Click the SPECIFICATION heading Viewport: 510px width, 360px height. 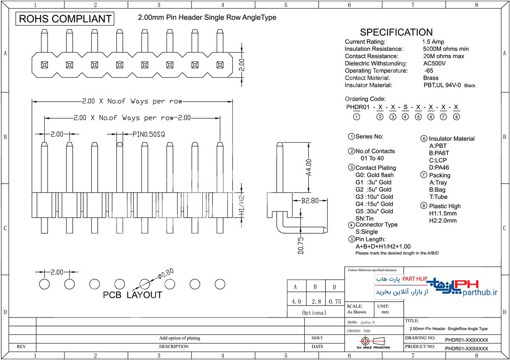[396, 32]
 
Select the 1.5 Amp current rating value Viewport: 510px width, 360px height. [433, 42]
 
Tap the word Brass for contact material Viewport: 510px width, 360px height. [431, 78]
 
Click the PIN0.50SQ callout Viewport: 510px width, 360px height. [148, 134]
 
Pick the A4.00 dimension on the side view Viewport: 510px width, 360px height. [309, 168]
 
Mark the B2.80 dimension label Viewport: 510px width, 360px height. [310, 201]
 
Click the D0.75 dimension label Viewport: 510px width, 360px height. [301, 246]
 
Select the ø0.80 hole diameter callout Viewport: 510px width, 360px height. [165, 273]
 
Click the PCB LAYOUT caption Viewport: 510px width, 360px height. [132, 295]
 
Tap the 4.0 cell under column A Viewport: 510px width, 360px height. [296, 302]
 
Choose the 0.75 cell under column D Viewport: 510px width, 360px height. [335, 302]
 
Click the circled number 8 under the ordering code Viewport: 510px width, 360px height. [456, 117]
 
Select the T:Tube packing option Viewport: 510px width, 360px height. [438, 197]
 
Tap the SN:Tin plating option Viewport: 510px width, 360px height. [365, 218]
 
